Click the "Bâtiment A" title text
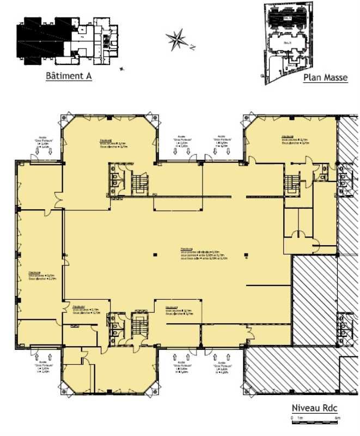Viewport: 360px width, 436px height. [68, 76]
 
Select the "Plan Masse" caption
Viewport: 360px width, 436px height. [325, 77]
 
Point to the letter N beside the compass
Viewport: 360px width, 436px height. [192, 47]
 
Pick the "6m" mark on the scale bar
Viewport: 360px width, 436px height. [338, 417]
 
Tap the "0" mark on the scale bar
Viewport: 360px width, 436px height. [292, 417]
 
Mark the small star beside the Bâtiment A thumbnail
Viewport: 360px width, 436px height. [121, 69]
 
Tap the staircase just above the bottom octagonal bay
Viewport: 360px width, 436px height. [140, 327]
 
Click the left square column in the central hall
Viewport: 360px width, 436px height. [155, 253]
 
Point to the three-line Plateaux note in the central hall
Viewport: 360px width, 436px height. [204, 254]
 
